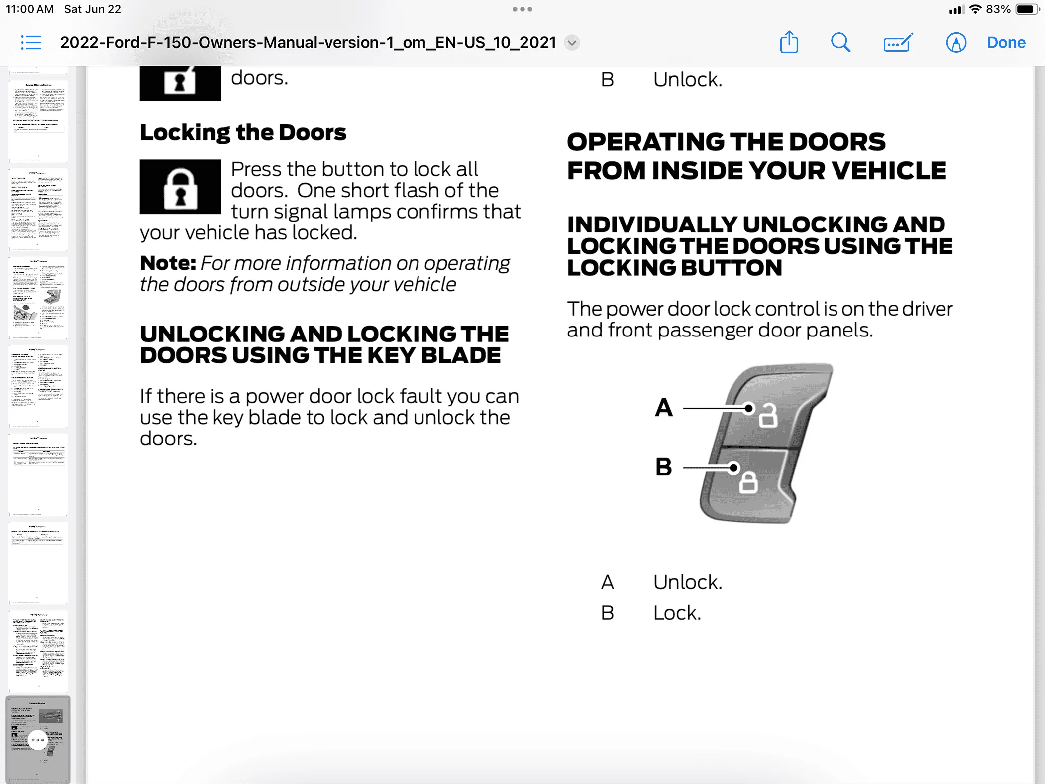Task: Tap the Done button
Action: [x=1006, y=43]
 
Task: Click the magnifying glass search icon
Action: [x=840, y=43]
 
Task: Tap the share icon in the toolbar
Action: [x=789, y=42]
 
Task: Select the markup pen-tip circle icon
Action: [x=955, y=43]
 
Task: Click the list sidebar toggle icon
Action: [x=31, y=43]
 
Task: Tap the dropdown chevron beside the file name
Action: [x=572, y=43]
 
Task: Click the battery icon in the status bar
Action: [x=1027, y=9]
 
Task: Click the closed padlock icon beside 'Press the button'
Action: [x=180, y=187]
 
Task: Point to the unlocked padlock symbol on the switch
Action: [x=767, y=415]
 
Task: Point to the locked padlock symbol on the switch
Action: [x=748, y=482]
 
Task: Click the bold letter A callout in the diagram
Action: [x=664, y=408]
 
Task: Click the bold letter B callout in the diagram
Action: [x=664, y=467]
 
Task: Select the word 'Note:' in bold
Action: [x=168, y=263]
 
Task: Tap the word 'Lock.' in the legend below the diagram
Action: [x=677, y=613]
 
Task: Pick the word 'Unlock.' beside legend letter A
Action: [x=687, y=582]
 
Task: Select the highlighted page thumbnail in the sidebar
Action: [x=38, y=739]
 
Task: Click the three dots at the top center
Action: [x=522, y=9]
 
